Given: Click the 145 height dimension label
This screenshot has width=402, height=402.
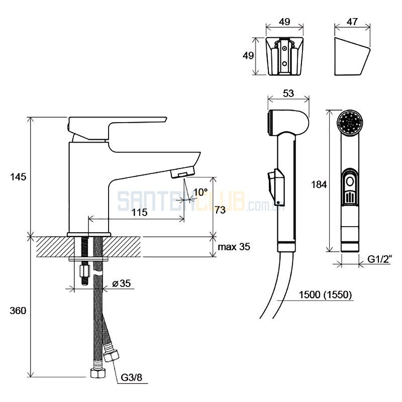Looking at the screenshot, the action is (18, 177).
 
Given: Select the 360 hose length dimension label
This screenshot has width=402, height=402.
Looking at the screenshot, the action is (18, 311).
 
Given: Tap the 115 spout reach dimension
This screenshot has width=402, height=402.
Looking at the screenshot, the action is (140, 212).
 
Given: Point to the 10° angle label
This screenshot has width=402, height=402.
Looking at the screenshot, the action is (200, 192).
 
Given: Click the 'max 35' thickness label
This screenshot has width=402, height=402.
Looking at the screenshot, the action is (234, 247).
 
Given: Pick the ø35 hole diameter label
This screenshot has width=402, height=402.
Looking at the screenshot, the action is (122, 283).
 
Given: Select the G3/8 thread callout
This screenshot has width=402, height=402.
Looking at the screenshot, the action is (132, 377).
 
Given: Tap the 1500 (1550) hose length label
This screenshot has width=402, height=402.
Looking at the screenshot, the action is (325, 295).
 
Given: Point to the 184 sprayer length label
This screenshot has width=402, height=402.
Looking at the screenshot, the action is (319, 184).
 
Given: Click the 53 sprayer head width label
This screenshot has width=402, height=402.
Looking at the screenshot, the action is (288, 93).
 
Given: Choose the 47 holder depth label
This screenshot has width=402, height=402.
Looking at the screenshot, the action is (352, 22).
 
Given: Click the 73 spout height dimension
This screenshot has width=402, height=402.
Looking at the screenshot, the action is (220, 210).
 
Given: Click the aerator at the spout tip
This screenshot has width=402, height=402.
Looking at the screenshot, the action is (183, 172).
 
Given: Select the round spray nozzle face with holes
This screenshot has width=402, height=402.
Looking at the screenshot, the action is (350, 122).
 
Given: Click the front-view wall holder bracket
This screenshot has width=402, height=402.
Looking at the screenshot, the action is (284, 56).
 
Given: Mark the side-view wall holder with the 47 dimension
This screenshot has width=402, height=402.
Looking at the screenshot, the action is (353, 56).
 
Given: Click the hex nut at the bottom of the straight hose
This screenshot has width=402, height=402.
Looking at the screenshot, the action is (98, 373).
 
